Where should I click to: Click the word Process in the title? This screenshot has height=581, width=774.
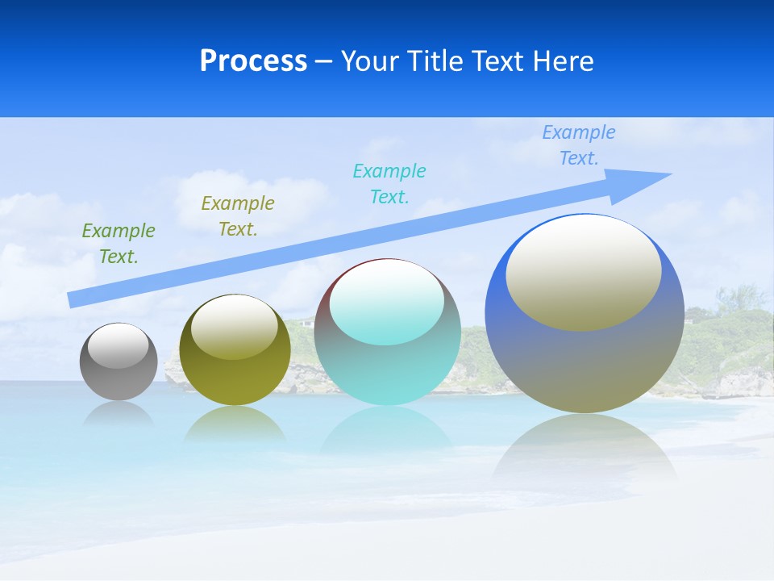click(253, 61)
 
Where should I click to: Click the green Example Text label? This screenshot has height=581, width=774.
click(119, 244)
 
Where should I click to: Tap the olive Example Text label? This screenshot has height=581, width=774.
click(238, 216)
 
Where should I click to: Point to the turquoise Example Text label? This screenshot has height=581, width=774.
click(389, 184)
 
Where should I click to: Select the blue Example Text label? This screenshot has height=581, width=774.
click(579, 145)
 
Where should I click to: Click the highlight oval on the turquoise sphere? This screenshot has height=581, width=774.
click(387, 303)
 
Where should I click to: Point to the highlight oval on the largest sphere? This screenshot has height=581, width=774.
click(583, 273)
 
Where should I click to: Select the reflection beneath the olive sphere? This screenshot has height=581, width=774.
click(235, 424)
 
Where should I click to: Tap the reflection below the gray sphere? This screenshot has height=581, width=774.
click(119, 414)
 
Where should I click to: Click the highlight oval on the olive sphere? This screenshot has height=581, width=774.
click(235, 327)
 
